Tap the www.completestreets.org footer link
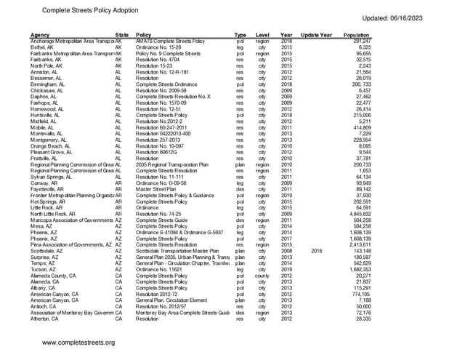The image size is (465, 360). click(78, 343)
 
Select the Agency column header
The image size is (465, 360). click(40, 35)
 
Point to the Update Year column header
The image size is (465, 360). click(316, 35)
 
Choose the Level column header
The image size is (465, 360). click(263, 35)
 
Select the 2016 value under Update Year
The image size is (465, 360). click(315, 250)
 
